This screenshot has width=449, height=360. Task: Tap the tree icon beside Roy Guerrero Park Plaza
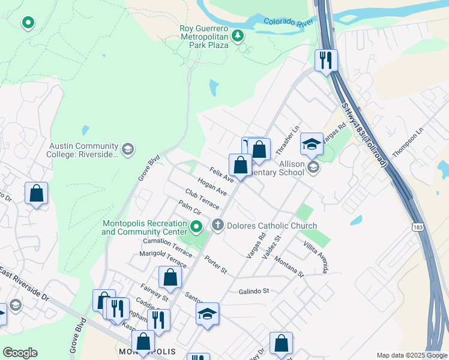click(x=238, y=35)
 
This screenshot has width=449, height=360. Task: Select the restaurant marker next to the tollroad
click(x=326, y=60)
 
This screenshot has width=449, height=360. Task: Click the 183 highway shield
click(x=418, y=227)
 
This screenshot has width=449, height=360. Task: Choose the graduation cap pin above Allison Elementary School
click(x=312, y=145)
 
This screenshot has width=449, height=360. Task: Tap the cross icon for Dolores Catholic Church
click(x=217, y=226)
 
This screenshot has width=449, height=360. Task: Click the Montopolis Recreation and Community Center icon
click(x=196, y=227)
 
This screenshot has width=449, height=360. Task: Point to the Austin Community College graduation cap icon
click(x=127, y=149)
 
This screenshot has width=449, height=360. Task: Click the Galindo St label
click(x=254, y=291)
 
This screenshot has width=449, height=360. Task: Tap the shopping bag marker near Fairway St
click(x=170, y=277)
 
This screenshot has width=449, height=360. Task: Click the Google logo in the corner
click(x=20, y=353)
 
